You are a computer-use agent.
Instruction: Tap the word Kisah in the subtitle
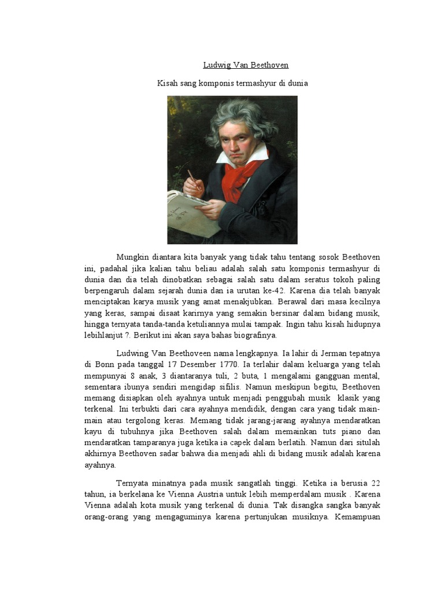coord(168,83)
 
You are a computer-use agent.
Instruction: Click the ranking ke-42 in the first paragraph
coord(303,290)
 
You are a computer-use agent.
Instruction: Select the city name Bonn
coord(104,364)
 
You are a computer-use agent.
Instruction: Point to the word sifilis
coord(230,386)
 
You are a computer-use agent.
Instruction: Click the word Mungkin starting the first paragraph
coord(134,257)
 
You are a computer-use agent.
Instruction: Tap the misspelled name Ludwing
coord(134,353)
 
